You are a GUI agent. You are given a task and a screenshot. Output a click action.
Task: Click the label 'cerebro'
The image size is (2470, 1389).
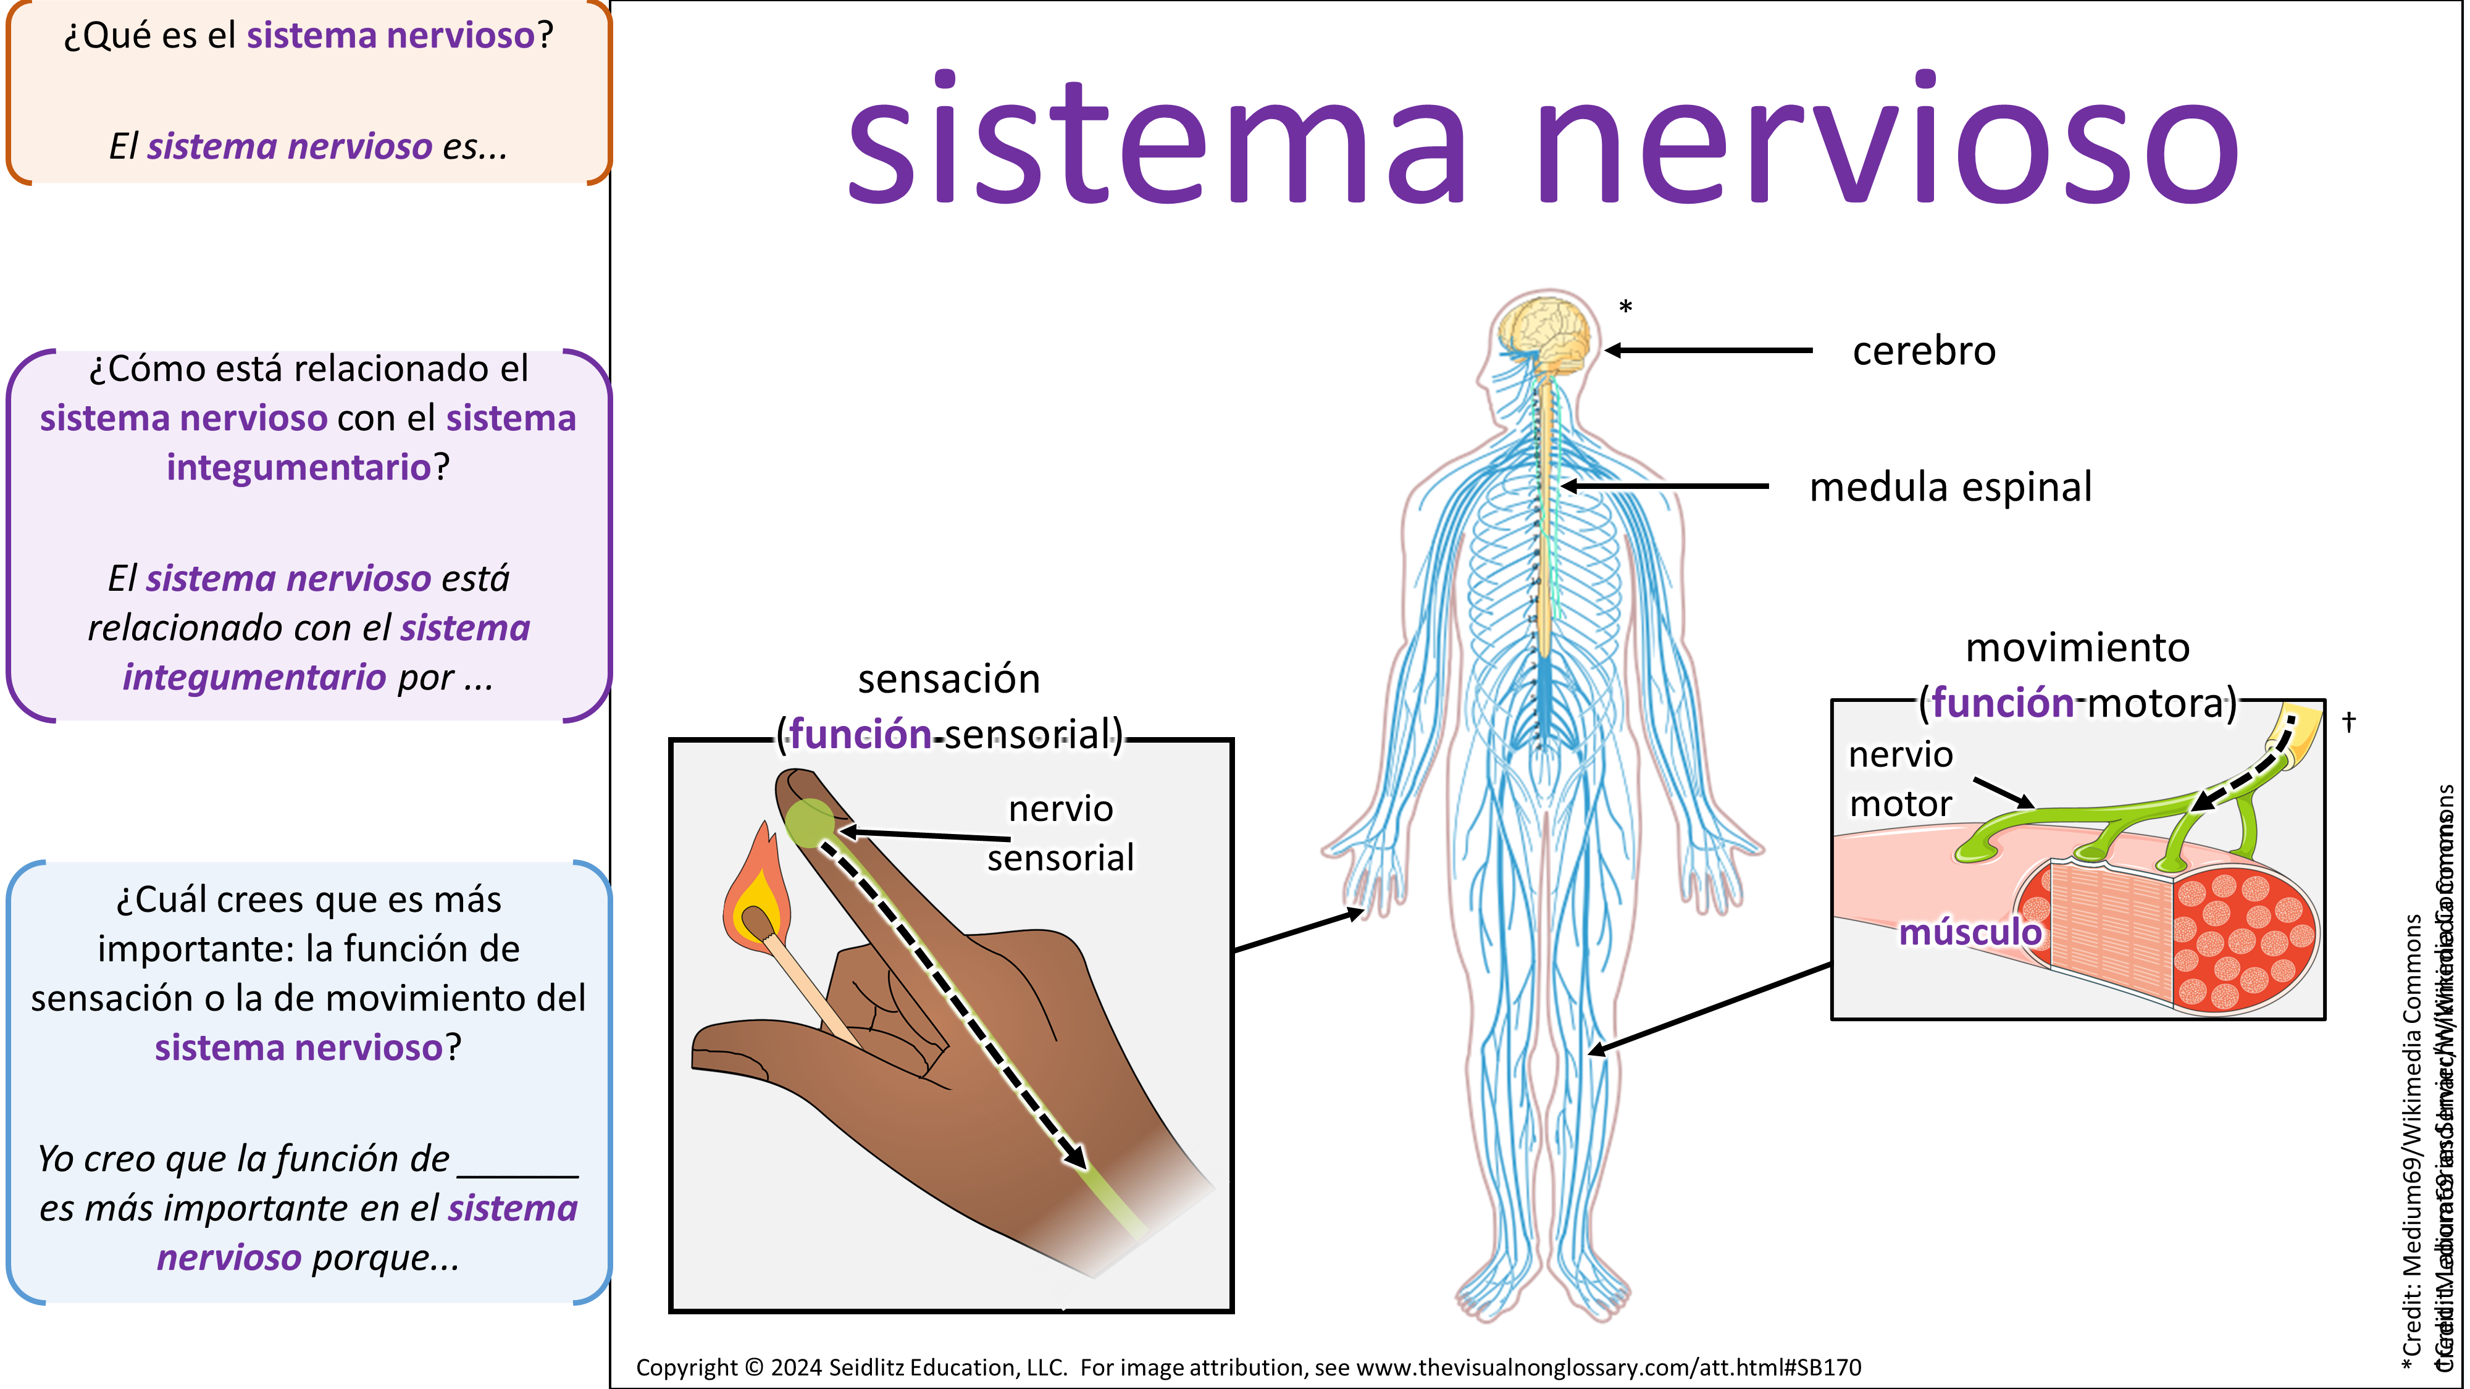pos(1924,351)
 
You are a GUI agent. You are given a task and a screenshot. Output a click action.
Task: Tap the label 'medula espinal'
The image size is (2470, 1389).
pos(1949,487)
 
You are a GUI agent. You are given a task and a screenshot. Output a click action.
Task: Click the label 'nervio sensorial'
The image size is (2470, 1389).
pos(1060,833)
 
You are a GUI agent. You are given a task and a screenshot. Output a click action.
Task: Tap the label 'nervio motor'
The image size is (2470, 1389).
pos(1901,778)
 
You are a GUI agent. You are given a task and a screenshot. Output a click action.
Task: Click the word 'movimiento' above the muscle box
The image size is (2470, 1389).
pos(2077,648)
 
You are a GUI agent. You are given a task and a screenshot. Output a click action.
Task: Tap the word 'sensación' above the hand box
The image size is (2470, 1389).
pos(948,678)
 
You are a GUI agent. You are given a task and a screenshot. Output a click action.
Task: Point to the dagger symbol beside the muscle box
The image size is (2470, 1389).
pos(2348,722)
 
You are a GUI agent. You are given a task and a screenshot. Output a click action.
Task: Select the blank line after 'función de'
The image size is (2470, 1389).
pos(518,1164)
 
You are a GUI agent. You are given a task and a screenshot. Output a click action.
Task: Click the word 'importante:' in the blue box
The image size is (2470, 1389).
pos(195,949)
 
